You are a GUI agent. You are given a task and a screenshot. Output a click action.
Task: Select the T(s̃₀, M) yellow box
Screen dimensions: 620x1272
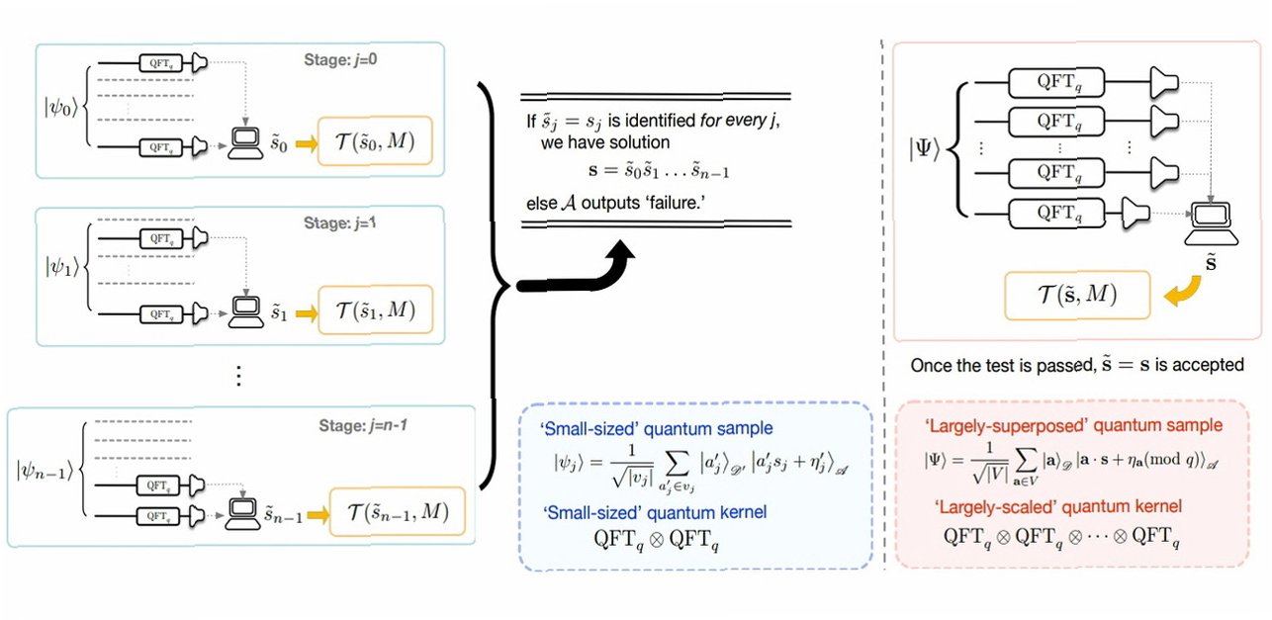pos(374,147)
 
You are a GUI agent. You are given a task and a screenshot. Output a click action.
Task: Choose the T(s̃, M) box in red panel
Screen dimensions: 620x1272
pos(1076,293)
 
